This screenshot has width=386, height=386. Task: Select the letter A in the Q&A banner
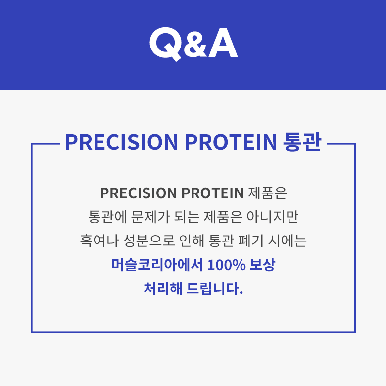[x=223, y=43]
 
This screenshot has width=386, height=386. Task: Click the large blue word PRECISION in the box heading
[x=121, y=142]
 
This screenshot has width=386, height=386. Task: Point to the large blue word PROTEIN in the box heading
[x=231, y=142]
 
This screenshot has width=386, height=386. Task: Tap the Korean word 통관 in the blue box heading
[x=302, y=142]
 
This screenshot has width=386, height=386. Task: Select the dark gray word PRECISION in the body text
[x=139, y=193]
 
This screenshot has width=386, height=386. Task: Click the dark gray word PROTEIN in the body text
[x=212, y=193]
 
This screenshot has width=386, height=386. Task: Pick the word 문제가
[x=150, y=217]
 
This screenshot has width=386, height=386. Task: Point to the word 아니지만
[x=273, y=217]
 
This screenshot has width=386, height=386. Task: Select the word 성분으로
[x=149, y=241]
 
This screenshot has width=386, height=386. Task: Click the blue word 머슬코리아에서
[x=157, y=265]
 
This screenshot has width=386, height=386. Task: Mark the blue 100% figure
[x=227, y=265]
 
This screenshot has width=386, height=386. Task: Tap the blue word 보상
[x=262, y=265]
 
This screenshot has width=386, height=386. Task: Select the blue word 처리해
[x=163, y=289]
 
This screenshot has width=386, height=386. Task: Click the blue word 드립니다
[x=215, y=289]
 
